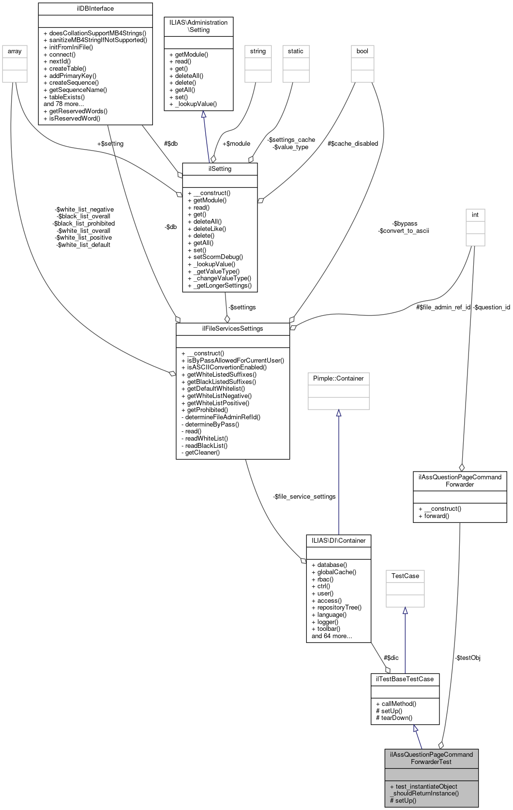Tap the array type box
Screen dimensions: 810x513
pos(15,51)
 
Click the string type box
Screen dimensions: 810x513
pos(257,51)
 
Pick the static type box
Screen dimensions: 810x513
pos(295,51)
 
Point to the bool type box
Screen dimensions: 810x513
pos(362,51)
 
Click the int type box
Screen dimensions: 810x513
pos(475,215)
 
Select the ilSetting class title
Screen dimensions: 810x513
pos(220,168)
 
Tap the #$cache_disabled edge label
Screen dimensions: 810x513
pos(352,143)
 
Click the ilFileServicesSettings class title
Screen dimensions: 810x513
pos(232,328)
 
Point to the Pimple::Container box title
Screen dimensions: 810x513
pos(338,378)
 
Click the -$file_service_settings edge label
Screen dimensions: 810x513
pos(304,496)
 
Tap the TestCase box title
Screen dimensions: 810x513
pos(405,576)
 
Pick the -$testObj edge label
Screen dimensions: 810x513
pos(467,657)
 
